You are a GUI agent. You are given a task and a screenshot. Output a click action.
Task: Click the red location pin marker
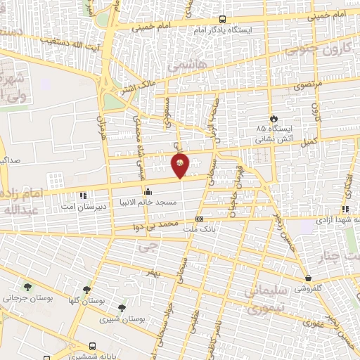tap(181, 165)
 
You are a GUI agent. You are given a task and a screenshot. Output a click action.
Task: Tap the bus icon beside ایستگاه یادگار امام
tap(223, 20)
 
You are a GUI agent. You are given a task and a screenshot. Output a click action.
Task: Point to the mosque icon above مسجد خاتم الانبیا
tap(148, 191)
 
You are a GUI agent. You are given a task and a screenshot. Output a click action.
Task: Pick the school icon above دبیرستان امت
tap(83, 194)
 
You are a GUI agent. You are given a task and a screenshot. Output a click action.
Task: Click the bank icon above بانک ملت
tap(199, 219)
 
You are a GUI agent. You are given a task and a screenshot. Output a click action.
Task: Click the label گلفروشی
tap(309, 288)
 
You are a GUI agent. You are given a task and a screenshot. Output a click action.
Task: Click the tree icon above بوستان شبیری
tap(122, 308)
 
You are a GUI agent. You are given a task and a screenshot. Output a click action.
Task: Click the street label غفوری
tap(312, 324)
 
